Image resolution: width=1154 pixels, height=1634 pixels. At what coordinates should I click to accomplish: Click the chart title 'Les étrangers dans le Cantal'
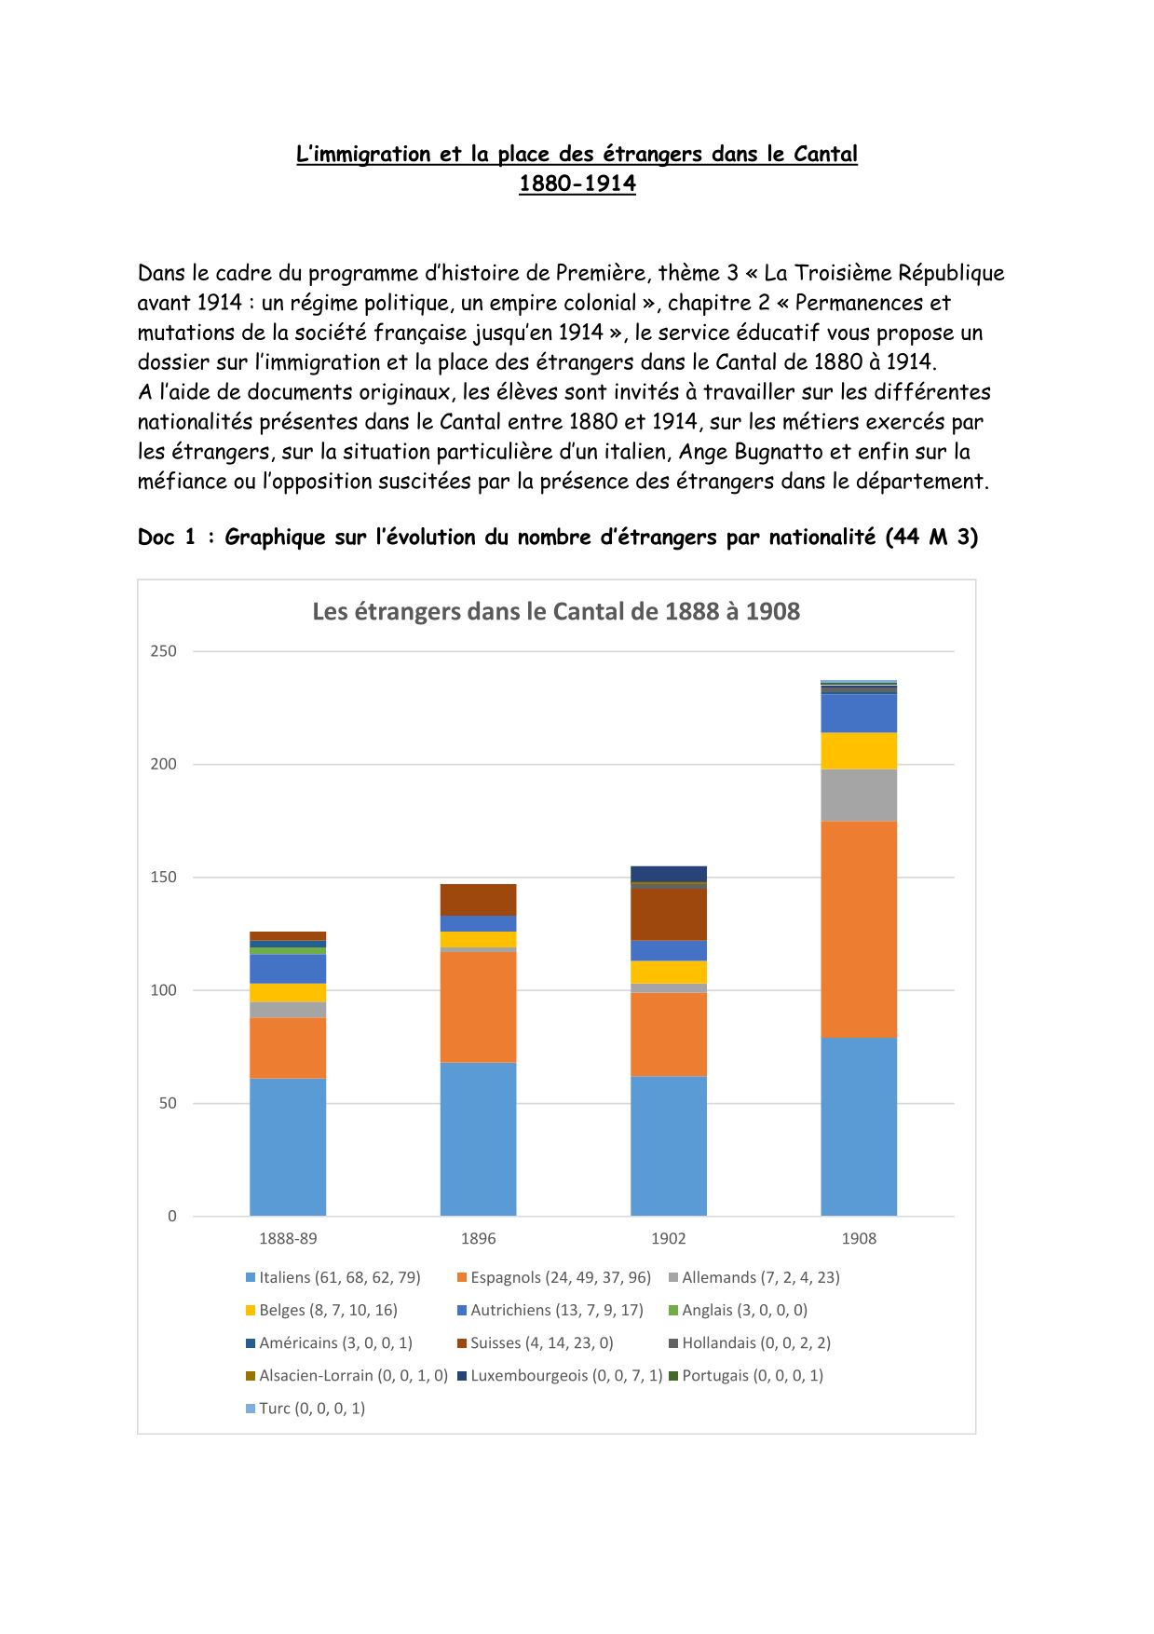pos(556,612)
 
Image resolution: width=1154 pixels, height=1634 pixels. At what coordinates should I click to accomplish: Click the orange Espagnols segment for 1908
pos(858,929)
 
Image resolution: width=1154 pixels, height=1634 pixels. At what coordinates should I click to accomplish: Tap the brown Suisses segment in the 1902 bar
pos(668,914)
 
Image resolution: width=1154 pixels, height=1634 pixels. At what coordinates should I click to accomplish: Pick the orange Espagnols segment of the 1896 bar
pos(478,1006)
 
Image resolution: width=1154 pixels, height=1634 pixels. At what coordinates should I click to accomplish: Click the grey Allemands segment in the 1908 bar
pos(858,795)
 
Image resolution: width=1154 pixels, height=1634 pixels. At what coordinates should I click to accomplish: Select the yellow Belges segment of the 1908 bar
pos(858,751)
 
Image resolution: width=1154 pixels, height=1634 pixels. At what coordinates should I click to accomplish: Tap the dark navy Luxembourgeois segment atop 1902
pos(668,873)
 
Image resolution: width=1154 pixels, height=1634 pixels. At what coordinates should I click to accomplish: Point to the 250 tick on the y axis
pos(163,651)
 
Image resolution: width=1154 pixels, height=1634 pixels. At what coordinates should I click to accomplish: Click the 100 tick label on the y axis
pos(163,990)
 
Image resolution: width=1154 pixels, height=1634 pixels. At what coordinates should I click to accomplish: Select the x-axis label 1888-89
pos(288,1238)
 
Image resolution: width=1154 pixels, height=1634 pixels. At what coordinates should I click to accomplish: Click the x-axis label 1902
pos(668,1238)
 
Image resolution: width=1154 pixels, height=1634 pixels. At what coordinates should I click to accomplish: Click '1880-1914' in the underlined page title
pos(577,184)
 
